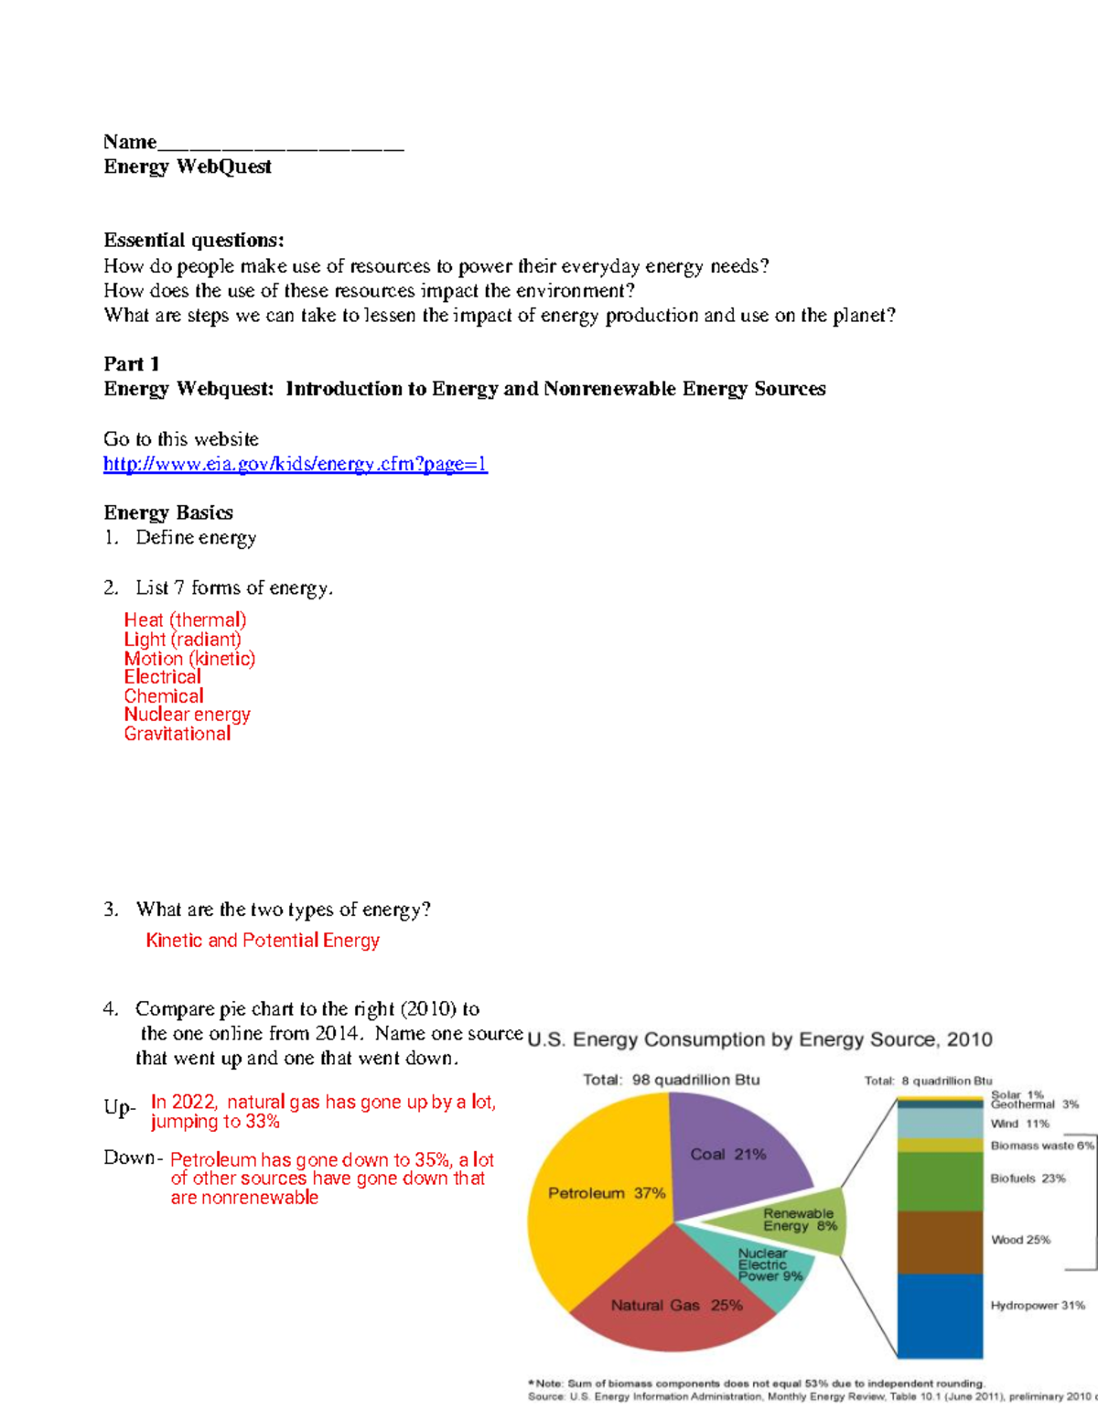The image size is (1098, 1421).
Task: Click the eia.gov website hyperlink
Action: (x=295, y=464)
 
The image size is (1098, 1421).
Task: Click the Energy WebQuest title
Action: (x=188, y=167)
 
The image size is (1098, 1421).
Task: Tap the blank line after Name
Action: (x=280, y=143)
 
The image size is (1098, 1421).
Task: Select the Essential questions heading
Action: (x=194, y=241)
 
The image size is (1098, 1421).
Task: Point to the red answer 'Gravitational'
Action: (x=178, y=734)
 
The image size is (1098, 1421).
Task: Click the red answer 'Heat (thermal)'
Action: (x=185, y=620)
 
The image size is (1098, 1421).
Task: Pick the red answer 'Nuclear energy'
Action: (x=187, y=715)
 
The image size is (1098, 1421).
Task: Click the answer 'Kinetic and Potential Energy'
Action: (x=263, y=941)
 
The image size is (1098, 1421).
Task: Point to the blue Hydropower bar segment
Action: (x=940, y=1315)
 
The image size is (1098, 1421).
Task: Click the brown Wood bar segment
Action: (x=940, y=1242)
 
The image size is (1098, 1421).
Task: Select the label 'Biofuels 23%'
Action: (x=1028, y=1179)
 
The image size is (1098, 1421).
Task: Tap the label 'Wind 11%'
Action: (x=1019, y=1124)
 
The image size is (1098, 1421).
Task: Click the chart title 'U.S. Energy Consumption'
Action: (x=759, y=1039)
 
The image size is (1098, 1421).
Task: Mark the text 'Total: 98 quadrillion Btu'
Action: (x=671, y=1080)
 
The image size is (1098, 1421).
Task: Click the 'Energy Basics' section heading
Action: (x=168, y=512)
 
